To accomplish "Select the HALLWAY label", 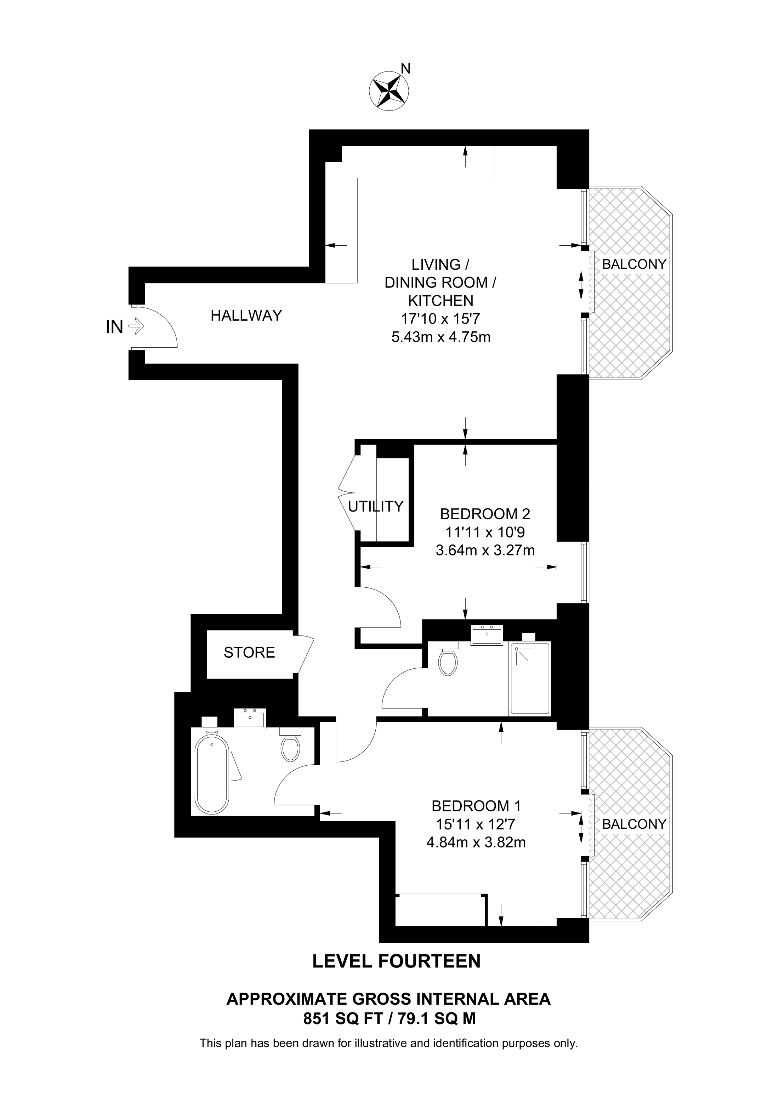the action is [x=246, y=315].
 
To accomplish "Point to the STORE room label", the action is [x=249, y=652].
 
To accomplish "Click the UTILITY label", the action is [x=376, y=506].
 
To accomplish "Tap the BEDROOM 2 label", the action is [x=485, y=514].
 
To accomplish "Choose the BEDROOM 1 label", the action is [x=476, y=805].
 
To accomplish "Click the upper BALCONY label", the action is [x=634, y=264].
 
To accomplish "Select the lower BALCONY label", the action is [x=634, y=824].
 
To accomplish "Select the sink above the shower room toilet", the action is [x=486, y=635].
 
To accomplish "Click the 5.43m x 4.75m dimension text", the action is [x=441, y=337].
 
